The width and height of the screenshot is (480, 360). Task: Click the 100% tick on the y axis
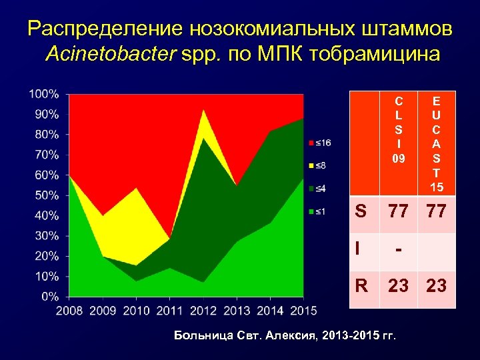44,94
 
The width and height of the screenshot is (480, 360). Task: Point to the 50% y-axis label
46,195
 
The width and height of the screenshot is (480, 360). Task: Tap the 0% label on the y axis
49,296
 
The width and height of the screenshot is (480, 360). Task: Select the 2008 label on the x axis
69,311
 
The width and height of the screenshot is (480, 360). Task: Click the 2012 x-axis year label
203,311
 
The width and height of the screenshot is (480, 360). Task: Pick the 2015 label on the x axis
303,311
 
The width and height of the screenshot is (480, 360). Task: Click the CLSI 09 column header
398,130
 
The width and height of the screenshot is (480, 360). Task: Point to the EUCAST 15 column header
436,143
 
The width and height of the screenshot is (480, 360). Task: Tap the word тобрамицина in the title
371,54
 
